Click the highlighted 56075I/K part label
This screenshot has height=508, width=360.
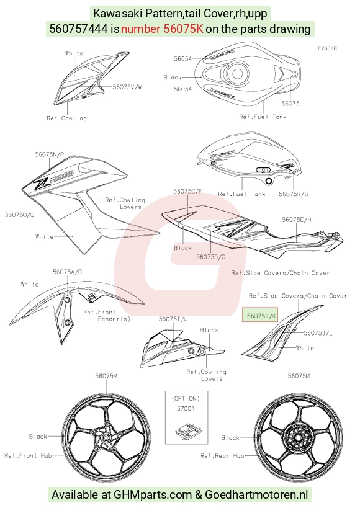click(x=260, y=315)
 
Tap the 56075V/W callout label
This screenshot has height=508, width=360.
click(x=127, y=87)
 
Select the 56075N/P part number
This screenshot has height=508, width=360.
click(x=50, y=154)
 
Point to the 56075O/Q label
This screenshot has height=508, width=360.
click(x=19, y=215)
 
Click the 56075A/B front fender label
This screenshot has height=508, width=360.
click(x=68, y=272)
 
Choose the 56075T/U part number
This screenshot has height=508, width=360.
click(x=173, y=319)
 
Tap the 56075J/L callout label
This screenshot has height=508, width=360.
click(x=318, y=332)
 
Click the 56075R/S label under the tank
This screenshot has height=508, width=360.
click(x=294, y=194)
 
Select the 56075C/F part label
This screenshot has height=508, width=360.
click(x=188, y=191)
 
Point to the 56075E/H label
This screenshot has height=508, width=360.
click(x=297, y=220)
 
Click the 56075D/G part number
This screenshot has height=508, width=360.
click(x=211, y=257)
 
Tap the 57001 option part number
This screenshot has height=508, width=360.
click(x=186, y=409)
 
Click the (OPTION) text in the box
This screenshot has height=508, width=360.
click(x=186, y=398)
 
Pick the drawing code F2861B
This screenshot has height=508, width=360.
click(x=327, y=48)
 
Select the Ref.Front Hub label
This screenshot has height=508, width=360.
click(x=28, y=455)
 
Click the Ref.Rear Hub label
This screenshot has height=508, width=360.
click(x=222, y=455)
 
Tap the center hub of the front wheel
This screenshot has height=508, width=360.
click(x=106, y=437)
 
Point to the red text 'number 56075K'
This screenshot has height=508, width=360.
click(x=162, y=29)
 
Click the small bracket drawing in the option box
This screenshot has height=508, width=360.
click(x=189, y=429)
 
